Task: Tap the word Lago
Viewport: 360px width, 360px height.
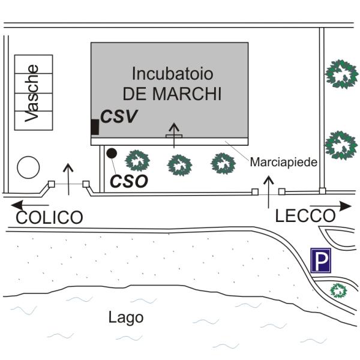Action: pyautogui.click(x=126, y=317)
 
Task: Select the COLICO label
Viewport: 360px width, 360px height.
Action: pyautogui.click(x=49, y=217)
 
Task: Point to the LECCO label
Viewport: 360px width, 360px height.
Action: pyautogui.click(x=305, y=216)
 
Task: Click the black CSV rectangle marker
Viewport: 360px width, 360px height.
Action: pyautogui.click(x=94, y=127)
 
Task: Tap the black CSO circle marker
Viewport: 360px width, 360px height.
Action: pyautogui.click(x=111, y=153)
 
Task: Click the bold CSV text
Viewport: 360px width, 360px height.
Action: pyautogui.click(x=119, y=116)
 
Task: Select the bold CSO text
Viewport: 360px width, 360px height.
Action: pyautogui.click(x=130, y=181)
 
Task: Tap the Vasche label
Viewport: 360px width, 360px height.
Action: pyautogui.click(x=33, y=93)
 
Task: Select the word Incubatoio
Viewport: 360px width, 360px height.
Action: pyautogui.click(x=173, y=76)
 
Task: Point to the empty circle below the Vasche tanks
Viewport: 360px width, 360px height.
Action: pyautogui.click(x=28, y=167)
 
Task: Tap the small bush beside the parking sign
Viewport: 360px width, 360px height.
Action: pyautogui.click(x=339, y=291)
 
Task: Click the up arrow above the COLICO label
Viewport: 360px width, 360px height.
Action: pyautogui.click(x=69, y=179)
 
